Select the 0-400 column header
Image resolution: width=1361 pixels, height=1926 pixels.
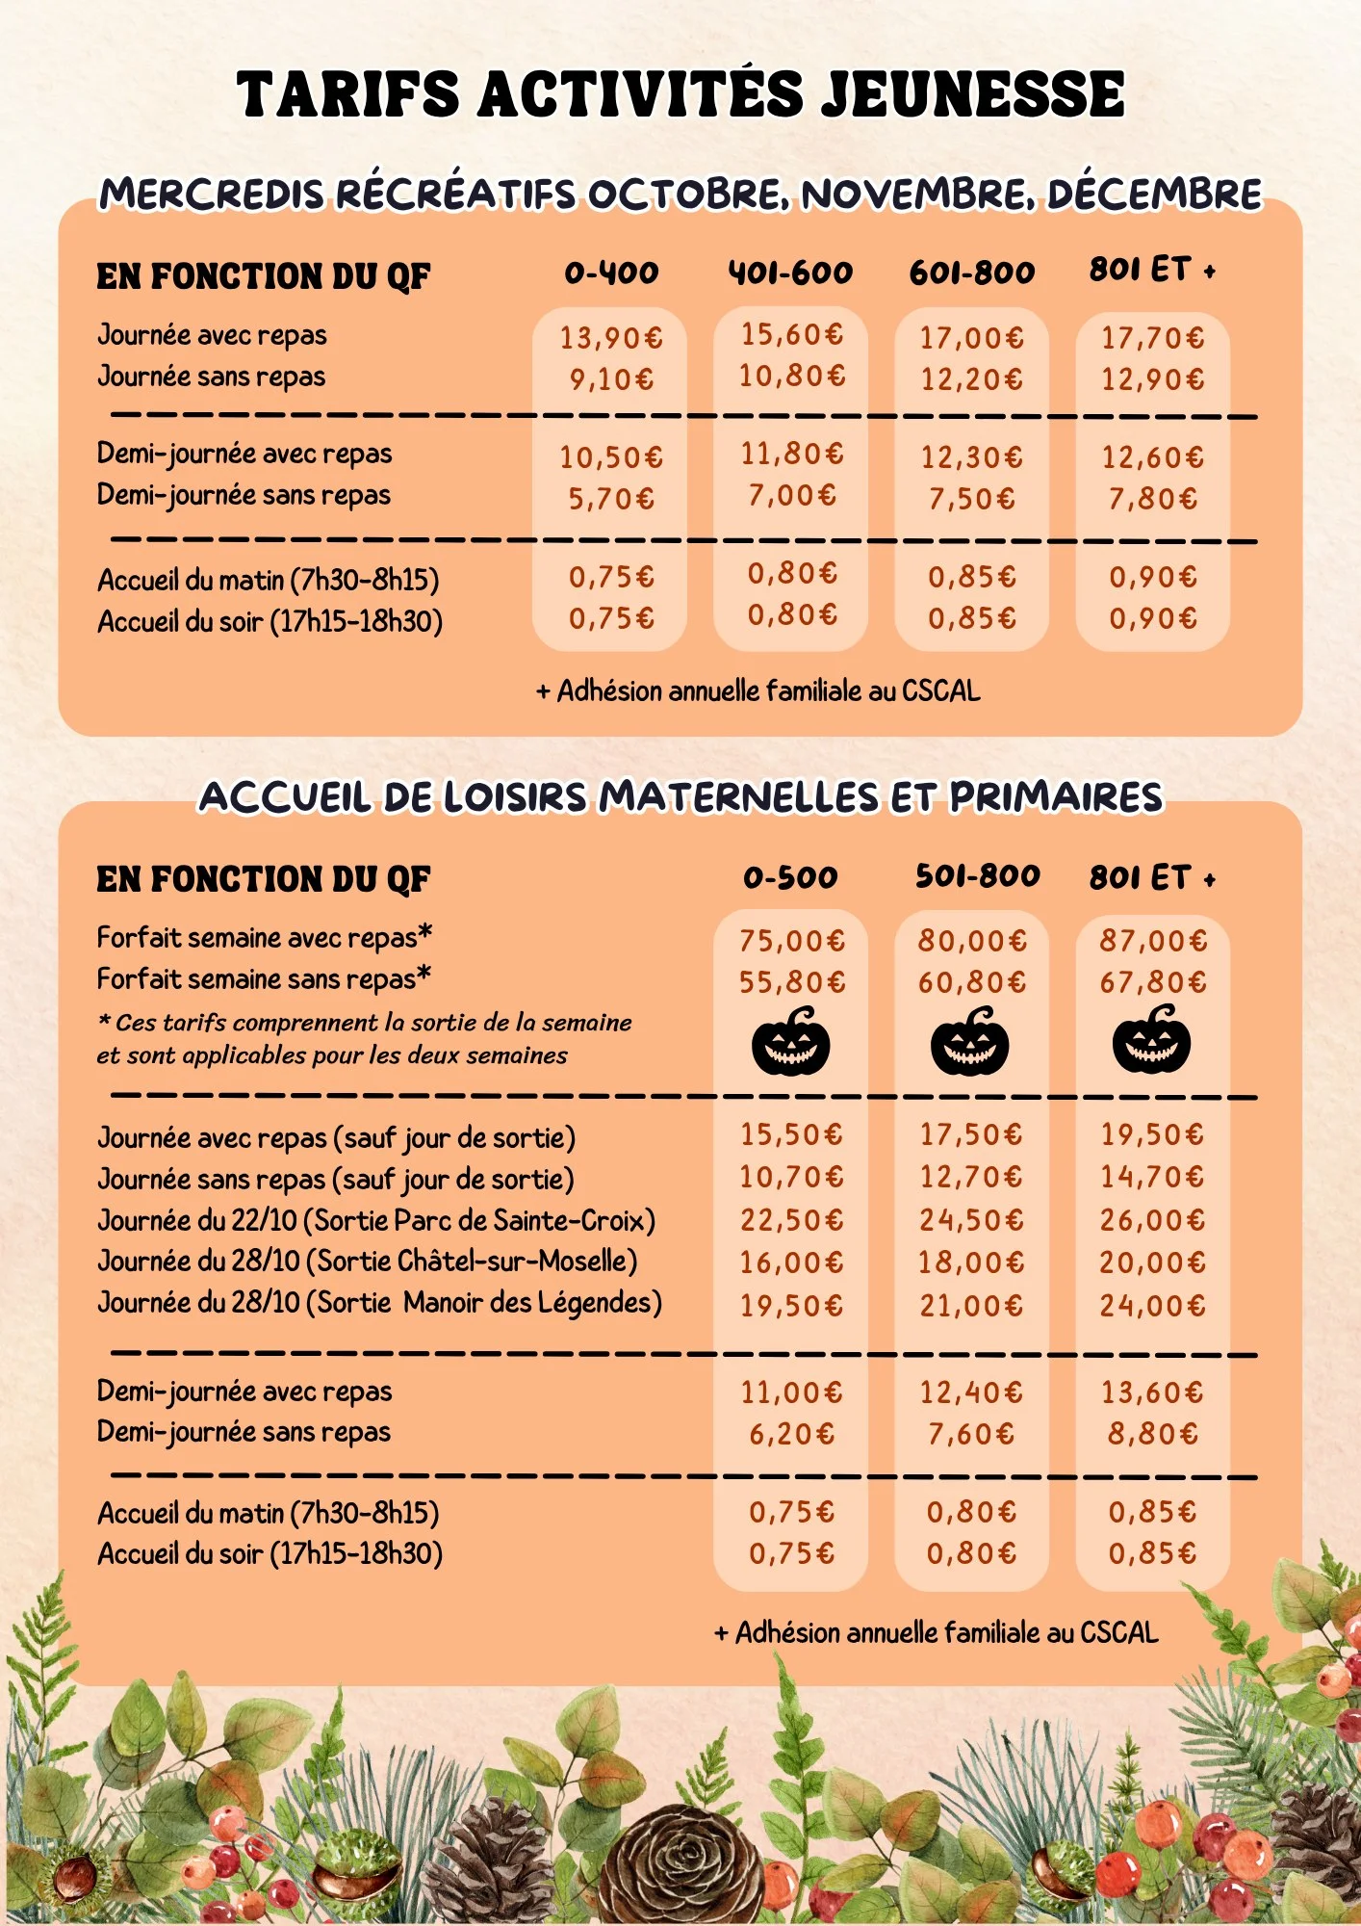point(611,273)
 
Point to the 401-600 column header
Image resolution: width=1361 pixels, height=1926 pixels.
point(790,273)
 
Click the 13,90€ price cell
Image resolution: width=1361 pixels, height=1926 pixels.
point(611,338)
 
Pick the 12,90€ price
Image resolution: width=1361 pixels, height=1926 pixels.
point(1152,379)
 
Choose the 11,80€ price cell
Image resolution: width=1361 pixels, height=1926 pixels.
point(791,454)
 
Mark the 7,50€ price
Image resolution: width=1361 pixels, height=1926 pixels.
point(971,499)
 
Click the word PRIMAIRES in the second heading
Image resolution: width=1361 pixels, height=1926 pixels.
point(1056,797)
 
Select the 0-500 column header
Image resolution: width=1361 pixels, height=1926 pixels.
point(790,878)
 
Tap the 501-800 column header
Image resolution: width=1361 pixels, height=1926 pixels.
point(977,876)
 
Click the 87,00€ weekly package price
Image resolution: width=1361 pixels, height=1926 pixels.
point(1153,941)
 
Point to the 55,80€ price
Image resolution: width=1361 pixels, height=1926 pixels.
point(791,982)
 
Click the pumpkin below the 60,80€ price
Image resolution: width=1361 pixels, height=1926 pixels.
point(970,1042)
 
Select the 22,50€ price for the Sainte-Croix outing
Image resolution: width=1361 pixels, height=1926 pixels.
point(791,1221)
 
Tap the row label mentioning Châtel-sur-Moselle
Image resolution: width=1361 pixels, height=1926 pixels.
point(367,1262)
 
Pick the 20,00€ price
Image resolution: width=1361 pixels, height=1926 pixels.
point(1152,1262)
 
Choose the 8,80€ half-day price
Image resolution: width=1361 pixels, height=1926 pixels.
point(1152,1435)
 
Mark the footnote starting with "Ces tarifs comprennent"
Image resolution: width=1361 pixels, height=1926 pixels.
point(364,1039)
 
